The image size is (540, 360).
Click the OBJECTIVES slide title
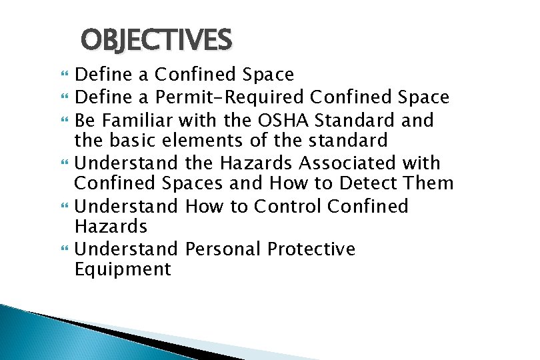156,41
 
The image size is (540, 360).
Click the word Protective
311,249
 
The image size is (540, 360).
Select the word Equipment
123,269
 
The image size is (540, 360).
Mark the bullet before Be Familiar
63,121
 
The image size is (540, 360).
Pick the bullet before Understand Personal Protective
63,249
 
